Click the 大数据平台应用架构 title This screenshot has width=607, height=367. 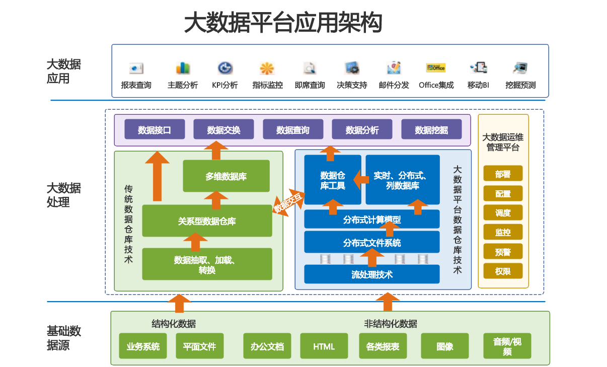[x=283, y=23]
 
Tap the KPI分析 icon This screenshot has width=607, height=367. [x=225, y=68]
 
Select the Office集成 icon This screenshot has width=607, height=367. [x=436, y=68]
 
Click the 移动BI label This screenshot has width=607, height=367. [x=478, y=85]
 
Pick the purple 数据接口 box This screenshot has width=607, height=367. [x=155, y=130]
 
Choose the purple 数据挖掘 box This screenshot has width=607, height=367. [x=431, y=130]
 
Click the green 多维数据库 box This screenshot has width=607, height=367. [x=226, y=176]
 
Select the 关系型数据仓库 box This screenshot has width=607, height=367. [x=207, y=221]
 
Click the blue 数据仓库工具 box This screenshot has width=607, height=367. [x=333, y=180]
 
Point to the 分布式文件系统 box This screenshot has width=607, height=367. [x=372, y=243]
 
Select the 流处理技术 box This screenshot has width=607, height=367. [x=372, y=274]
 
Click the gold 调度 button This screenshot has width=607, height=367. [x=503, y=213]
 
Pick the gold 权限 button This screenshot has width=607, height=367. [x=503, y=271]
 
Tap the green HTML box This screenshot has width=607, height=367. [x=324, y=346]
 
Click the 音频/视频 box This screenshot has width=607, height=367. [x=507, y=346]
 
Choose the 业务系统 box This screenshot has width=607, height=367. [x=143, y=346]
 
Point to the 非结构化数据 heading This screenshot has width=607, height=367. [x=391, y=324]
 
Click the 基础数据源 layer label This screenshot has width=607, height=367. [x=64, y=338]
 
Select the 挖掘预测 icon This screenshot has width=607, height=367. [x=520, y=68]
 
